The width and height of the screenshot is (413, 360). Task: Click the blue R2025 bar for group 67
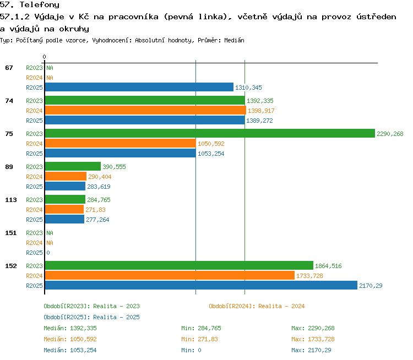point(139,87)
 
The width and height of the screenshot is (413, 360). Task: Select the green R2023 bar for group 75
point(210,134)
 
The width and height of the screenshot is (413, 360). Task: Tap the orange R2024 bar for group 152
point(170,275)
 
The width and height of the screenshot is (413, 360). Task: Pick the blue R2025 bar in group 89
point(65,186)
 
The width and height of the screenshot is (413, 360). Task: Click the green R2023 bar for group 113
point(65,200)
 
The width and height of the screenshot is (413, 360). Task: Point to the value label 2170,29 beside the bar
point(371,286)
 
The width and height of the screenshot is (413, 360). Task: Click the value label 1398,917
point(261,111)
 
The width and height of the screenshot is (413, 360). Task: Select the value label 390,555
point(114,167)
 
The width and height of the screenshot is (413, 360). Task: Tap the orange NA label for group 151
point(50,243)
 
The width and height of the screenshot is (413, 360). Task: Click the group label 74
point(9,101)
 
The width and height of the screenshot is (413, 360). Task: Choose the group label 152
point(11,266)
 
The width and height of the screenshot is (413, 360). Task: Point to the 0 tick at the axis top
point(44,57)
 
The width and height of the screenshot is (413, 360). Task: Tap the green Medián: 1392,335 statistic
point(70,328)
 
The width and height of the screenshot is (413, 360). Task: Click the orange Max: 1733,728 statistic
point(313,339)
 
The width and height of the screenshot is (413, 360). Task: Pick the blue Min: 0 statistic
point(191,350)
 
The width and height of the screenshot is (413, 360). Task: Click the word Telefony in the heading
point(40,5)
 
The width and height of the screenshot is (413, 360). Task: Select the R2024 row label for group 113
point(34,210)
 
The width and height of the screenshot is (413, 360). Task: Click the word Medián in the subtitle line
point(234,40)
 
